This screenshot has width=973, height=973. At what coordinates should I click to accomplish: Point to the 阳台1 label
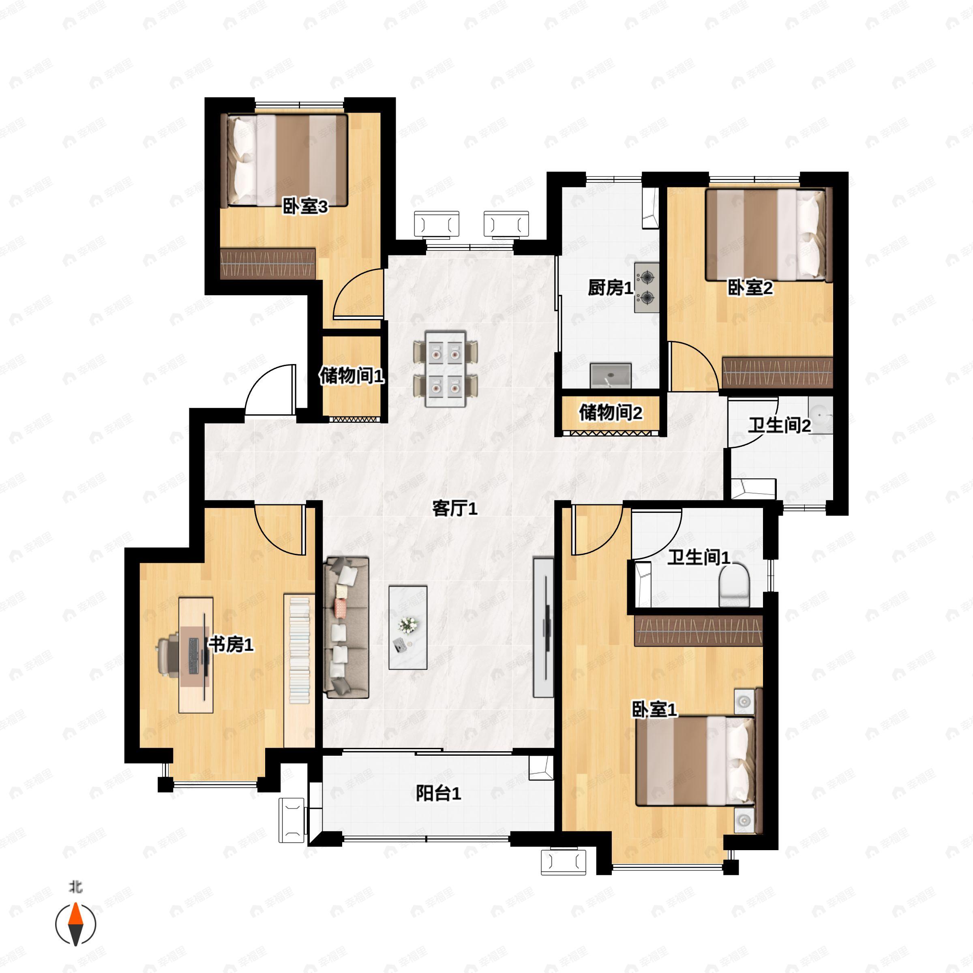pos(438,794)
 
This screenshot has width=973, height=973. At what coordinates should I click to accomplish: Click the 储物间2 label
pos(611,413)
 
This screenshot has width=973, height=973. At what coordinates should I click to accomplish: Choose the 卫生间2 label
pos(779,426)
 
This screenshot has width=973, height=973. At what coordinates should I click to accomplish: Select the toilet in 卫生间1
pos(734,586)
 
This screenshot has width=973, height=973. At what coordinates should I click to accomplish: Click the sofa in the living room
pos(347,627)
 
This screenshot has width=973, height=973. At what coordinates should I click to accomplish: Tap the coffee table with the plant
pos(408,627)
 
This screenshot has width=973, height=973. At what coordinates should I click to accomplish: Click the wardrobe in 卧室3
pos(268,263)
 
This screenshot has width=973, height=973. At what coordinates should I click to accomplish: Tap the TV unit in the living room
pos(543,627)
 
